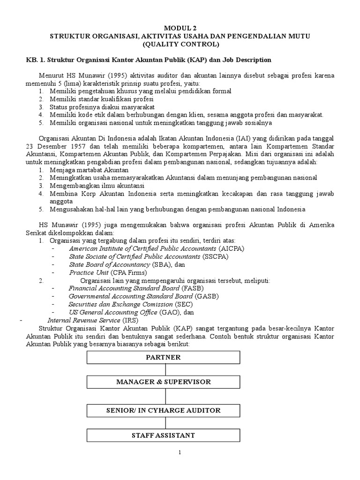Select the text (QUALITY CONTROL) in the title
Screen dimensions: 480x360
(180, 45)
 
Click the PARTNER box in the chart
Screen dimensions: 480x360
(164, 357)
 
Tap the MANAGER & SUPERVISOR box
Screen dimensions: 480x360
(164, 382)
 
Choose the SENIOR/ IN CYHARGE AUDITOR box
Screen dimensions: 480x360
(164, 411)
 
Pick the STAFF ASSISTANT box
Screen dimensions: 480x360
(164, 435)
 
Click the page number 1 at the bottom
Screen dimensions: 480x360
(180, 453)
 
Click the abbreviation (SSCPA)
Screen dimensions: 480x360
(215, 256)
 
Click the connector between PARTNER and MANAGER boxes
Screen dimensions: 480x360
(164, 369)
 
